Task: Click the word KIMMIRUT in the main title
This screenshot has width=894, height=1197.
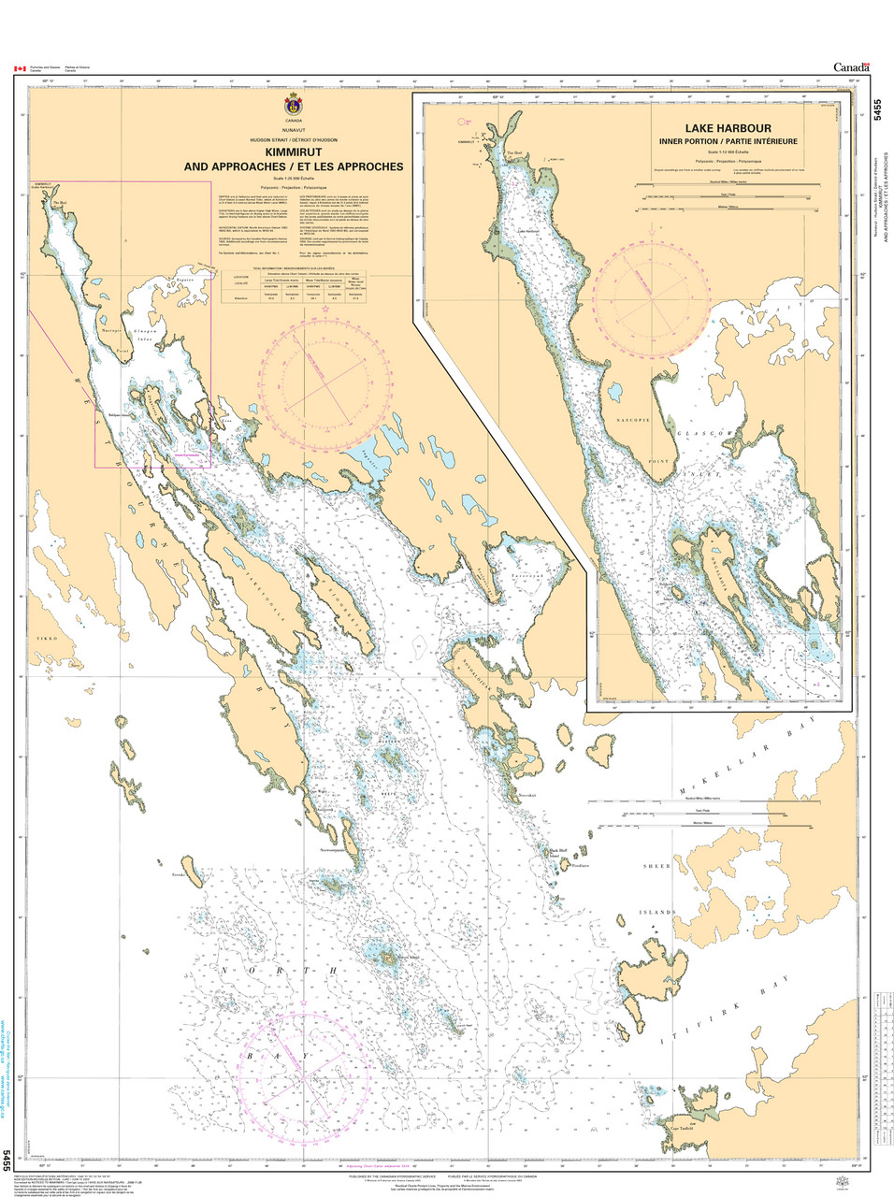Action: point(295,151)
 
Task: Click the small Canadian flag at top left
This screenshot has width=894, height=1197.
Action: point(18,68)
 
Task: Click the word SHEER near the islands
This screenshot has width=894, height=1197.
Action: point(656,867)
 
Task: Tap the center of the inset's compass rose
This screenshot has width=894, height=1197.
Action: point(652,298)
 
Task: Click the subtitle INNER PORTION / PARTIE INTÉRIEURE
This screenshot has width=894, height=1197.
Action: point(727,142)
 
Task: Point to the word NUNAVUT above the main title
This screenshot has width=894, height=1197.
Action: point(295,131)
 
